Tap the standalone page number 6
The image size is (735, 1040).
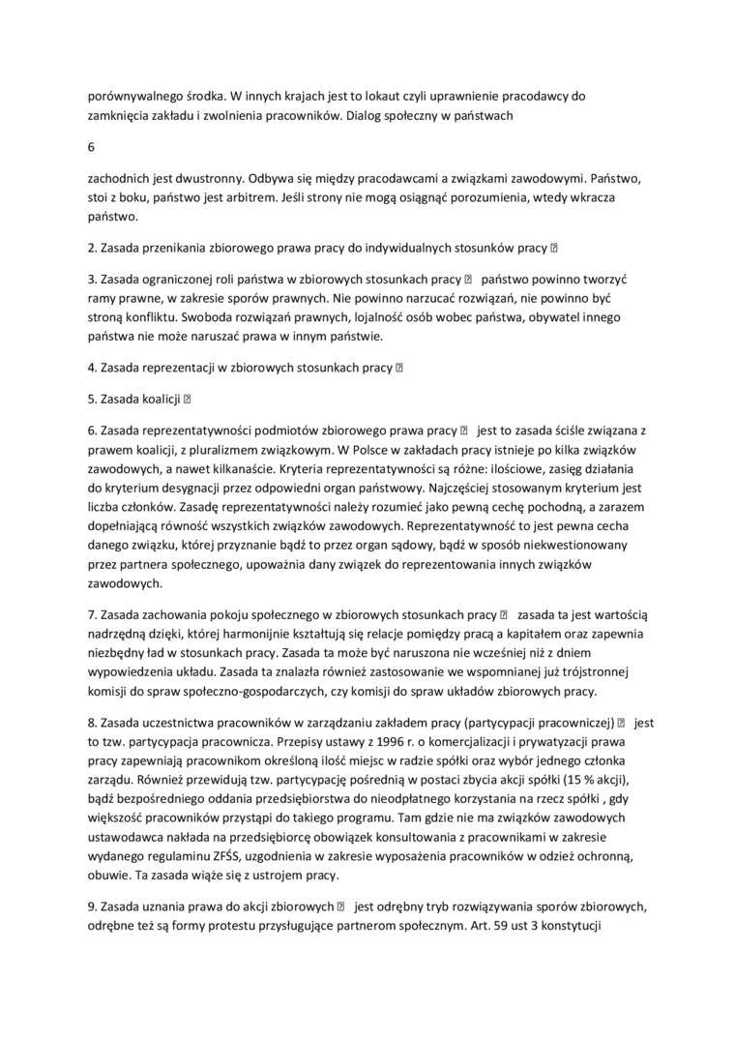[91, 147]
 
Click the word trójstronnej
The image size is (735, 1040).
[589, 671]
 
